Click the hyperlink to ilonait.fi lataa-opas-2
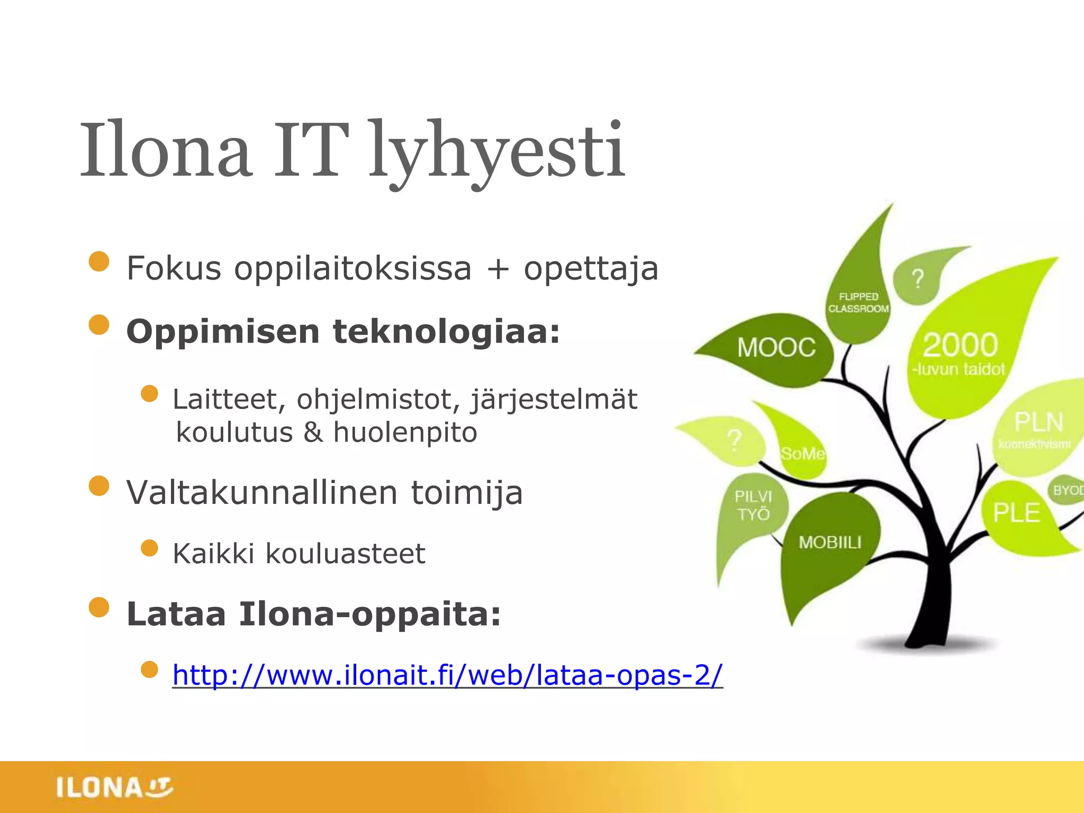tap(447, 675)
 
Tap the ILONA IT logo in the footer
tap(114, 787)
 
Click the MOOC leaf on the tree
tap(776, 348)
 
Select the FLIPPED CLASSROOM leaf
tap(858, 303)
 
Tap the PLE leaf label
tap(1016, 512)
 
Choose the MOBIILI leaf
tap(830, 542)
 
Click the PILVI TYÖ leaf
tap(753, 505)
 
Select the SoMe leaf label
tap(802, 454)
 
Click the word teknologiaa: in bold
tap(446, 332)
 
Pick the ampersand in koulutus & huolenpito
tap(313, 432)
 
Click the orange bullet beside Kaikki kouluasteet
tap(150, 548)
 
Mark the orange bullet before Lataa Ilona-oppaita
tap(99, 608)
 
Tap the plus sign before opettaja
tap(497, 269)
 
